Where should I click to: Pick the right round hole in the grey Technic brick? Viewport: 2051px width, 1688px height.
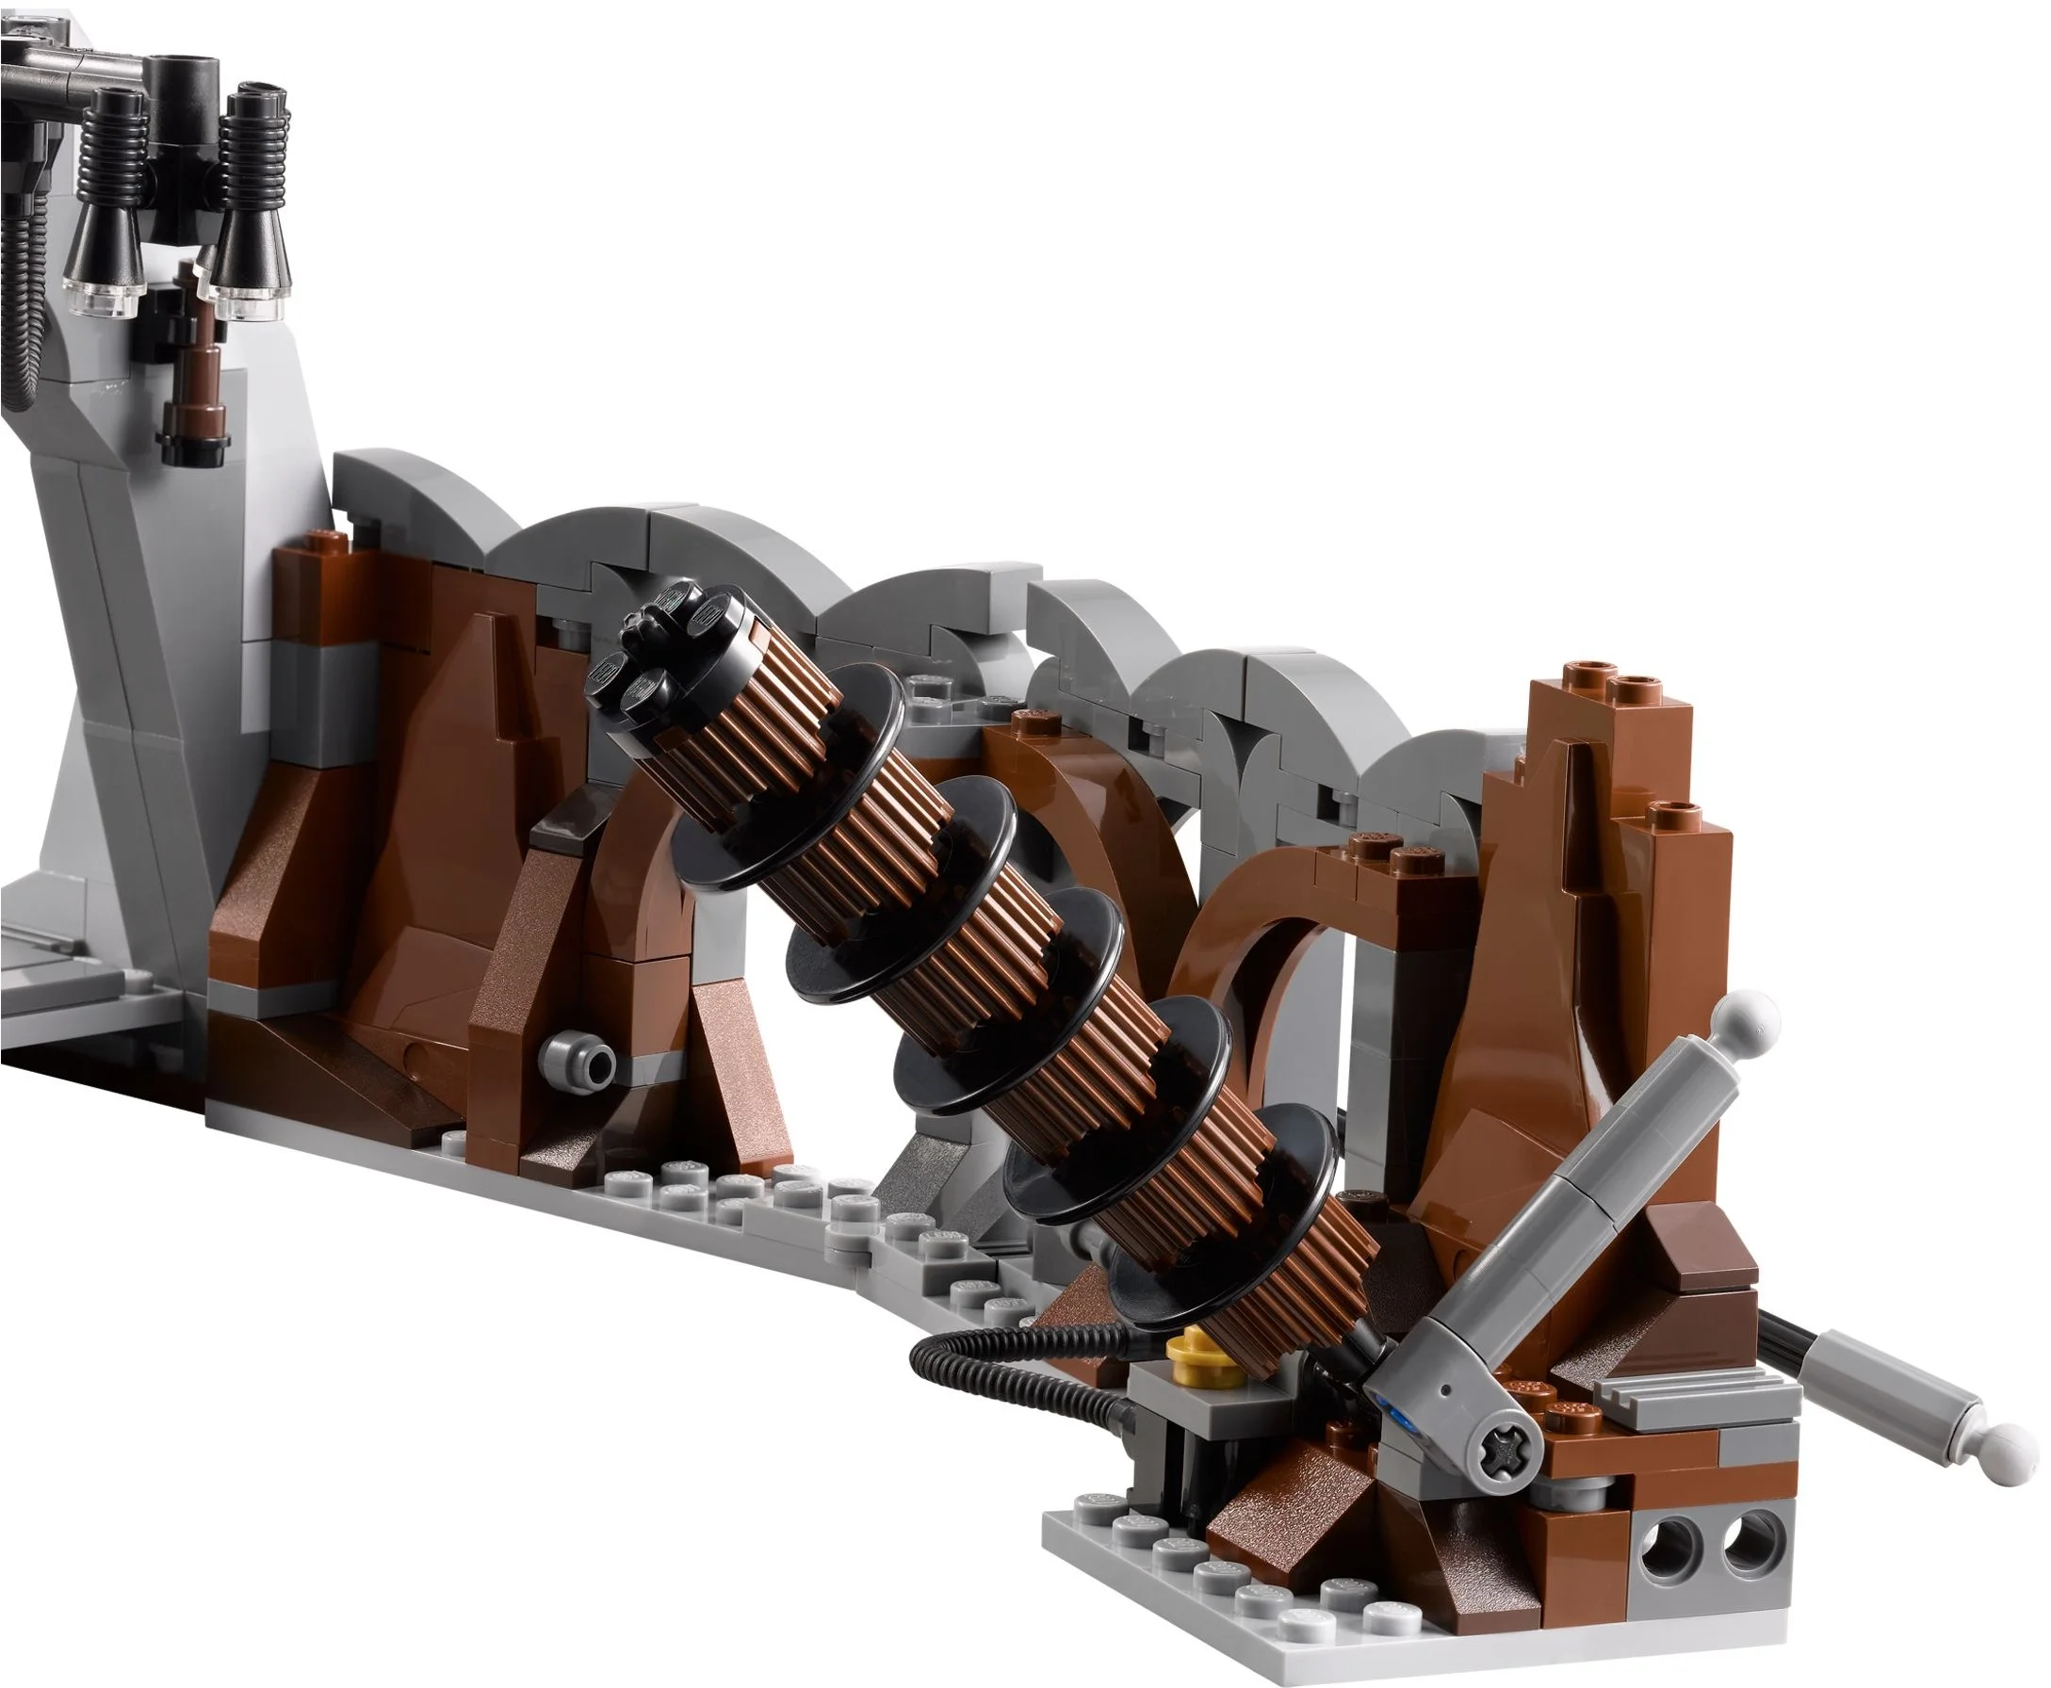[x=1750, y=1562]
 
